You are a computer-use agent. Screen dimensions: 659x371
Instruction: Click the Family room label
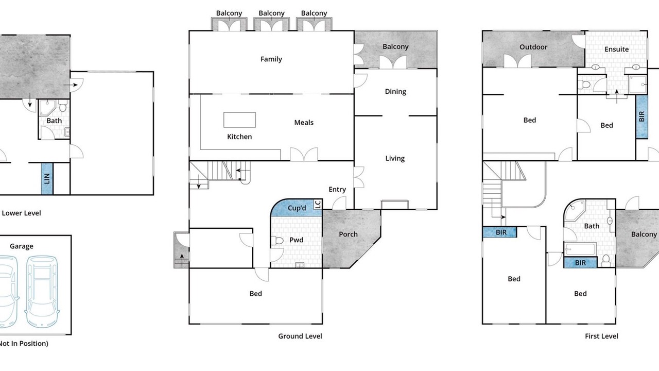pos(271,59)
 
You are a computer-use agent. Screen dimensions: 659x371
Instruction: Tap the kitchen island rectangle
pos(239,120)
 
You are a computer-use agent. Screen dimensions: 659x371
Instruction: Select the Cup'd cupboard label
pos(297,208)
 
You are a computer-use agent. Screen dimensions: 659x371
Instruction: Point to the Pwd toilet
pos(277,241)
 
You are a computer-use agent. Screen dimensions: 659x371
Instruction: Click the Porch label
pos(348,234)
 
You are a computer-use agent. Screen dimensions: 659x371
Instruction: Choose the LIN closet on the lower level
pos(47,179)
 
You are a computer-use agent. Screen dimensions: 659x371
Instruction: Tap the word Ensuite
pos(616,49)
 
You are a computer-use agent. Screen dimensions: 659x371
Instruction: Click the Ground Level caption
pos(300,336)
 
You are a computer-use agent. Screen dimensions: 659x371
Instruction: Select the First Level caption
pos(601,336)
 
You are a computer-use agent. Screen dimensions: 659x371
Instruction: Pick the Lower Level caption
pos(21,213)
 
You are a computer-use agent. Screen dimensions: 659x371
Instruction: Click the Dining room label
pos(395,92)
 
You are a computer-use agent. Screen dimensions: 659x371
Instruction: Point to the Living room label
pos(395,158)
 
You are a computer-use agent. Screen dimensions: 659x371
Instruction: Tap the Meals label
pos(304,123)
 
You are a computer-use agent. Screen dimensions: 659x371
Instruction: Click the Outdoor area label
pos(533,47)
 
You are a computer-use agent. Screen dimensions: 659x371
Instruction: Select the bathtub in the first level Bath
pos(580,249)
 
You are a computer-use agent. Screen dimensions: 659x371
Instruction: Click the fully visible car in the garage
pos(42,291)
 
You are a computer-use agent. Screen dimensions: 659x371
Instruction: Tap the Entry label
pos(337,189)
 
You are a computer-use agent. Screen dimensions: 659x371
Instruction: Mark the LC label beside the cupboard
pos(318,205)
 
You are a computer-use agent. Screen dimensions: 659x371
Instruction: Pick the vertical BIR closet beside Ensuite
pos(641,116)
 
